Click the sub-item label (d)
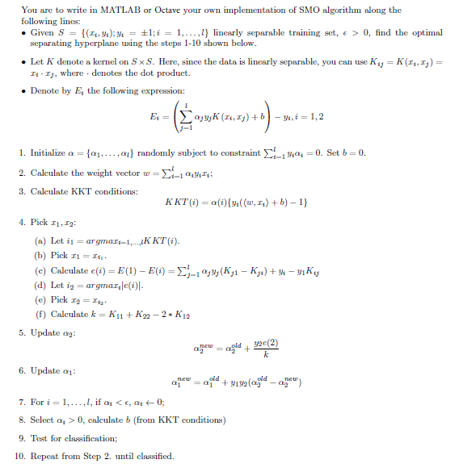[41, 286]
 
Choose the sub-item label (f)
[41, 314]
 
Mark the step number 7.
[20, 401]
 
